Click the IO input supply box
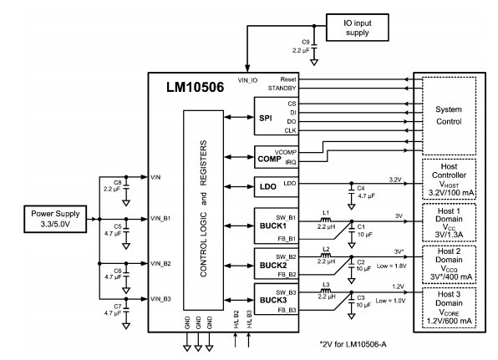pyautogui.click(x=358, y=28)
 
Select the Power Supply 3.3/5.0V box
pyautogui.click(x=55, y=219)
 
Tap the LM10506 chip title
pyautogui.click(x=195, y=87)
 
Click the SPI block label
pyautogui.click(x=266, y=118)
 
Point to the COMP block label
pyautogui.click(x=269, y=159)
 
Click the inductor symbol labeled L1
pyautogui.click(x=326, y=220)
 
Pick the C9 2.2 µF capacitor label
pyautogui.click(x=301, y=46)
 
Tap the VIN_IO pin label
pyautogui.click(x=247, y=81)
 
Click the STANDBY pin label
pyautogui.click(x=282, y=88)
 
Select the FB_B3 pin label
pyautogui.click(x=287, y=310)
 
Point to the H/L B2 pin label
pyautogui.click(x=236, y=319)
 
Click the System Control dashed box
pyautogui.click(x=449, y=116)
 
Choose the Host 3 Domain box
pyautogui.click(x=449, y=307)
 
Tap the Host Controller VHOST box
pyautogui.click(x=449, y=179)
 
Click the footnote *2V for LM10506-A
pyautogui.click(x=353, y=344)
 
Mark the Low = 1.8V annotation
pyautogui.click(x=392, y=266)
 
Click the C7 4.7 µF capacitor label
pyautogui.click(x=113, y=310)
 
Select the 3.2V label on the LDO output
pyautogui.click(x=395, y=180)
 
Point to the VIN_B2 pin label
pyautogui.click(x=160, y=263)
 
